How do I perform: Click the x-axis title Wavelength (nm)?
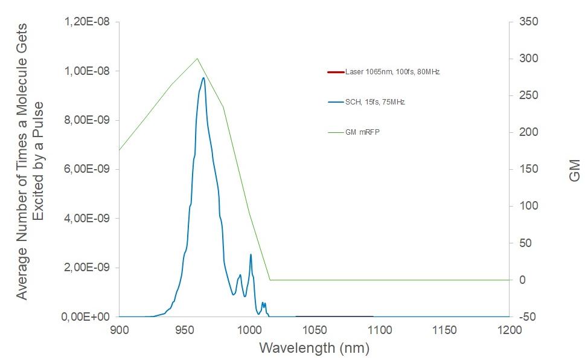coord(314,349)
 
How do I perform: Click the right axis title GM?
coord(574,170)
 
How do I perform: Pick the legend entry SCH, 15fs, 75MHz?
coord(374,102)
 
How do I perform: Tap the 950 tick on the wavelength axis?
coord(184,330)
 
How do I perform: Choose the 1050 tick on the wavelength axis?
coord(315,330)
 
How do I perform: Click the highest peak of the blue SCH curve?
coord(203,77)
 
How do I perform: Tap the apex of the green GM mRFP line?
coord(197,59)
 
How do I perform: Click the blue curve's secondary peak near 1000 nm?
coord(251,254)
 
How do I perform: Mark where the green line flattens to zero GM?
coord(270,280)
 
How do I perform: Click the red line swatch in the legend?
coord(335,72)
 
